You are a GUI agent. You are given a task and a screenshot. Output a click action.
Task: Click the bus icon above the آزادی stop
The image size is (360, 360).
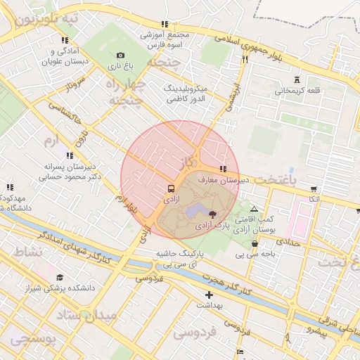[x=172, y=189]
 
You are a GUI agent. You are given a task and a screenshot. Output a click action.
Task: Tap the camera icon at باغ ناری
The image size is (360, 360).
[x=120, y=56]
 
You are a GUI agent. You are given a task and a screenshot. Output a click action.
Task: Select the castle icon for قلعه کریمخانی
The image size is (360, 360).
[x=297, y=79]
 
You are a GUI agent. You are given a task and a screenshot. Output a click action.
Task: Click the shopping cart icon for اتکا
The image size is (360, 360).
[x=313, y=189]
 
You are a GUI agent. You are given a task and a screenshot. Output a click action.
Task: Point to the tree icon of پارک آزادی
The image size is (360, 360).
[x=213, y=213]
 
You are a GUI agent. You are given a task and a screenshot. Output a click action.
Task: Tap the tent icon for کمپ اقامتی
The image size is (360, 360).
[x=254, y=210]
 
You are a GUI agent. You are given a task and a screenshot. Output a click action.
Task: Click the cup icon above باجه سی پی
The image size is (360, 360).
[x=254, y=244]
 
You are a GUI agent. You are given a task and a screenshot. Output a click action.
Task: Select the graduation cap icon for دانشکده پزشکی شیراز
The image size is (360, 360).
[x=60, y=277]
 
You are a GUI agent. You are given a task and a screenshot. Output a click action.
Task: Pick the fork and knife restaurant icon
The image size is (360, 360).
[x=245, y=60]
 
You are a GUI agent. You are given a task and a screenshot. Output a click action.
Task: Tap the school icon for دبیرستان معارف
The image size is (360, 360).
[x=223, y=169]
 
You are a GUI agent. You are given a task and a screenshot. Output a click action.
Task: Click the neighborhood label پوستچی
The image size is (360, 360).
[x=32, y=340]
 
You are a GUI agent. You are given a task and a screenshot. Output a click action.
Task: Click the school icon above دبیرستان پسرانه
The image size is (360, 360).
[x=69, y=156]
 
